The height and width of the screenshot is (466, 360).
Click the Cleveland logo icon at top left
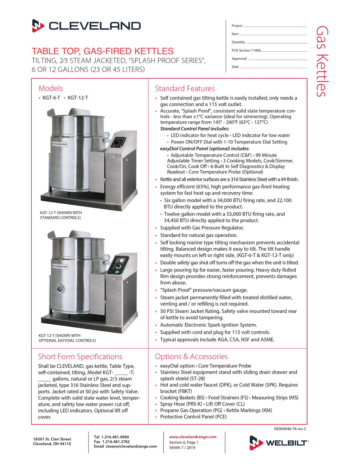coord(38,26)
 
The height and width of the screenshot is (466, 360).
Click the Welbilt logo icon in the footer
coord(256,442)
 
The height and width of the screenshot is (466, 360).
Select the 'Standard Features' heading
coord(185,89)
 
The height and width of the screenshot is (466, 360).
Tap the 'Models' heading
coord(51,88)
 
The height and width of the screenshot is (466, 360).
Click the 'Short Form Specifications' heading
coord(80,357)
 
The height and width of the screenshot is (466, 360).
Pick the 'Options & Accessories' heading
coord(191,357)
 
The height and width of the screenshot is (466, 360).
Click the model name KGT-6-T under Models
coord(51,98)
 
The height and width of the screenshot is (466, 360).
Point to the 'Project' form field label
coord(237,26)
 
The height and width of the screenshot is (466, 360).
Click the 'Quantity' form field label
coord(238,42)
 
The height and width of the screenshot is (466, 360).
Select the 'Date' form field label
coord(235,67)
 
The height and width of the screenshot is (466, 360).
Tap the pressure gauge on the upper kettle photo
coord(106,135)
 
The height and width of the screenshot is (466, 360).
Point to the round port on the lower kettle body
coord(61,289)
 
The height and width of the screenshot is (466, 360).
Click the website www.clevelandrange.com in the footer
coord(193,437)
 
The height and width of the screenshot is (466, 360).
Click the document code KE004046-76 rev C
coord(290,429)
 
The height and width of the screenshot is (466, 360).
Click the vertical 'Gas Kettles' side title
coord(322,61)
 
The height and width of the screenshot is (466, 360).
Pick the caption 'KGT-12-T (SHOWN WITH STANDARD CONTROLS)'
coord(61,215)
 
